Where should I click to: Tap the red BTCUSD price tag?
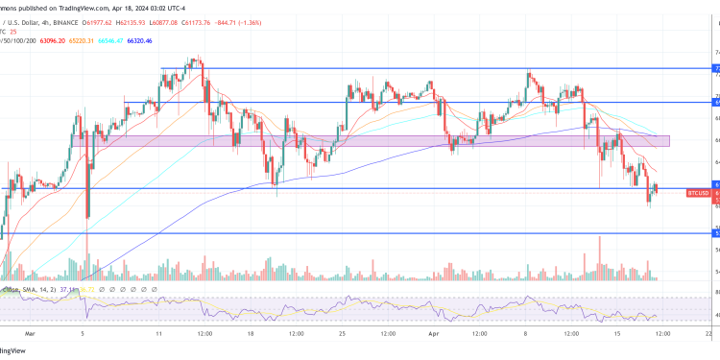click(x=699, y=193)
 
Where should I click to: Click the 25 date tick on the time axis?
click(x=343, y=333)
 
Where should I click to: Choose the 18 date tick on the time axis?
click(x=251, y=333)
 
